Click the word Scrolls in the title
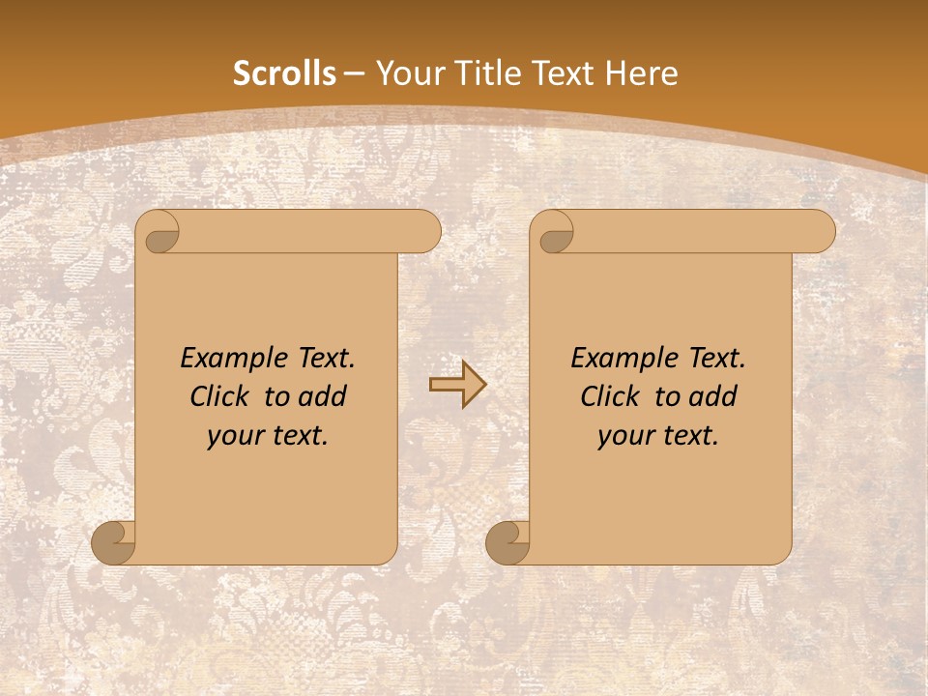(x=285, y=73)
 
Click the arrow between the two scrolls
(x=458, y=385)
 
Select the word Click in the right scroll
(x=609, y=396)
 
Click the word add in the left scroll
(x=323, y=396)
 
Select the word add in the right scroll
(x=713, y=396)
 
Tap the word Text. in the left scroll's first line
(x=324, y=359)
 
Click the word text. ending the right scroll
(x=688, y=436)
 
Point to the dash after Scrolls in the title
(x=355, y=73)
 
